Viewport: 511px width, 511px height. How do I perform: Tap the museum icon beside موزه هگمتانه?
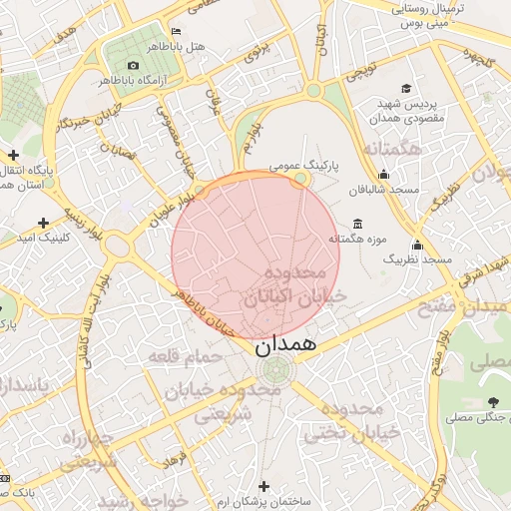[358, 224]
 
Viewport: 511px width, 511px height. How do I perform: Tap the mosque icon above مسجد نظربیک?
[416, 245]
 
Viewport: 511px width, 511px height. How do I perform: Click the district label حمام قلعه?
[184, 355]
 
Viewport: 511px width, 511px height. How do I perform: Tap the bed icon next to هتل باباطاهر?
[176, 31]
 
